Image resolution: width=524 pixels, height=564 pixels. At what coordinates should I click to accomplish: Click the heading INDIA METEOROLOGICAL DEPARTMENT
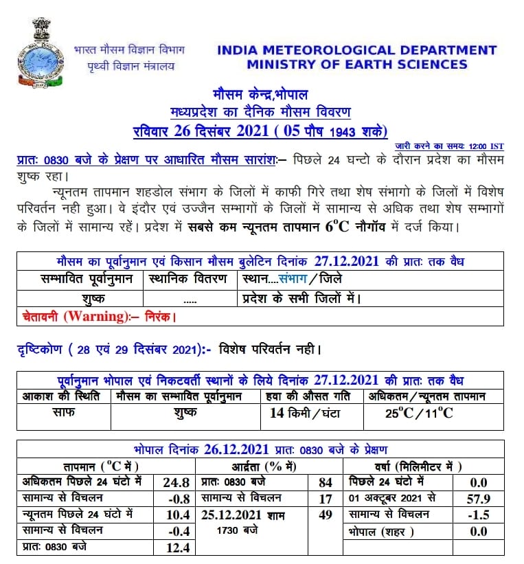pyautogui.click(x=356, y=50)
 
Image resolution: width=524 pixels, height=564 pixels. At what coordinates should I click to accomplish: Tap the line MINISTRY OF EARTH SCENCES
pyautogui.click(x=356, y=65)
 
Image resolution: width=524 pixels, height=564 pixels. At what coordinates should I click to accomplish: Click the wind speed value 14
pyautogui.click(x=277, y=413)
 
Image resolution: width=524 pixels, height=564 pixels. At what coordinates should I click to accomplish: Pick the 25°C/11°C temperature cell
pyautogui.click(x=419, y=413)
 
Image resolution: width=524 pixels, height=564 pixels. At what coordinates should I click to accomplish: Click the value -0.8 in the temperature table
pyautogui.click(x=176, y=498)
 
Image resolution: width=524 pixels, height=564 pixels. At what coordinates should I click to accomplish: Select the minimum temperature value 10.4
pyautogui.click(x=176, y=515)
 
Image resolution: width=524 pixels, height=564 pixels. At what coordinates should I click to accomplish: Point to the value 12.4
pyautogui.click(x=176, y=548)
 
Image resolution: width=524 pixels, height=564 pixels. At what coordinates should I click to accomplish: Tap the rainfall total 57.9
pyautogui.click(x=477, y=498)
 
